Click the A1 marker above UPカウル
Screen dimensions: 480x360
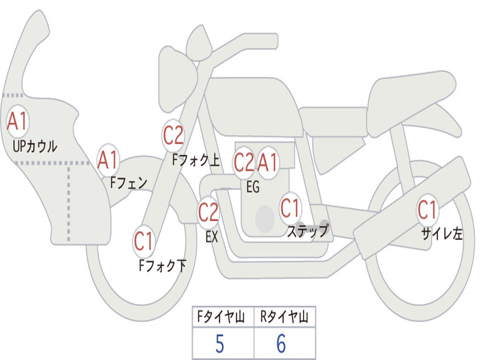tap(17, 121)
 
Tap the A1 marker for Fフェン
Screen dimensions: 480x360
tap(108, 160)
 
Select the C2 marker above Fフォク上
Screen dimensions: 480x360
tap(173, 135)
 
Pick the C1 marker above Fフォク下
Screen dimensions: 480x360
tap(143, 241)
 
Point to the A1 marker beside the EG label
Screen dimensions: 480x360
tap(267, 163)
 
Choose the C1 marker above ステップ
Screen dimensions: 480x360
tap(290, 208)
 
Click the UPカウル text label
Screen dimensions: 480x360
tap(35, 146)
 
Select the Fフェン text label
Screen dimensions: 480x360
tap(129, 183)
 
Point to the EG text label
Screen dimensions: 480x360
tap(253, 187)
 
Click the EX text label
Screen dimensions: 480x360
tap(212, 237)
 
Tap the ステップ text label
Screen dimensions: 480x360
tap(307, 231)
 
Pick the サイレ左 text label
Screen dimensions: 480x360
tap(442, 233)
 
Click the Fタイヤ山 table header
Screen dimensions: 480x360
tap(221, 317)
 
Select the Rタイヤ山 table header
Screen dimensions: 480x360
tap(284, 317)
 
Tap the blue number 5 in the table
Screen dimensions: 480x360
tap(220, 344)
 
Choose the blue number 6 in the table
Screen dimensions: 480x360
tap(281, 344)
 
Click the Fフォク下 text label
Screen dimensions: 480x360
tap(163, 265)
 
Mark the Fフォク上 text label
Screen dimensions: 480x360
tap(196, 159)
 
